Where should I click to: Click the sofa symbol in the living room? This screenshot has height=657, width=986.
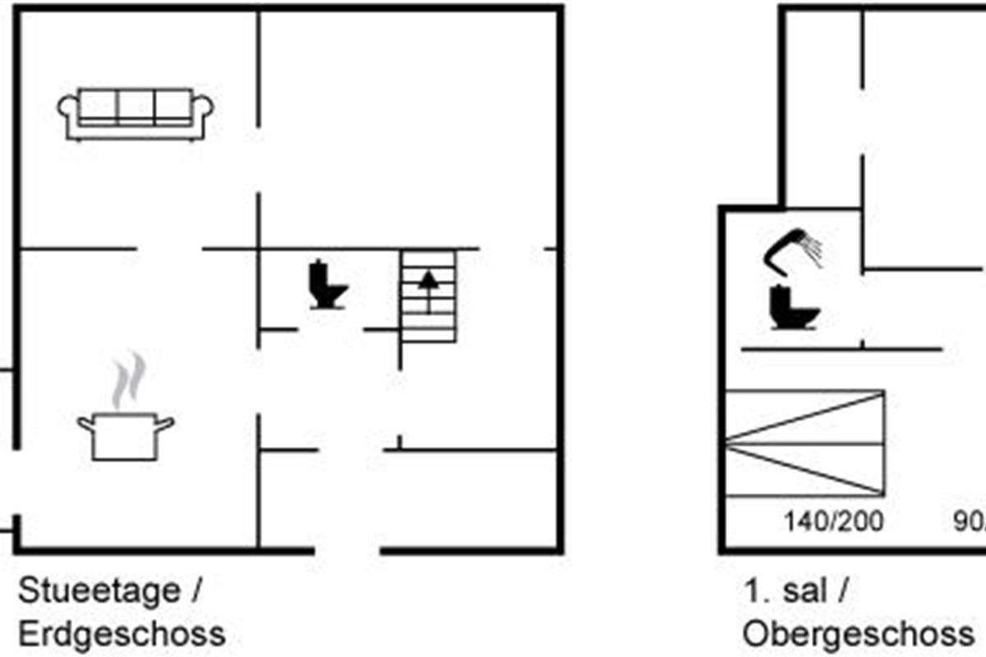tap(136, 114)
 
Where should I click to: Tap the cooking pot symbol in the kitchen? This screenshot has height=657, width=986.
tap(126, 437)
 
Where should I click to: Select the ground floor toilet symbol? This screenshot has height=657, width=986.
tap(327, 285)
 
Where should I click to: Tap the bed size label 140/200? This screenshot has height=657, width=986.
tap(833, 521)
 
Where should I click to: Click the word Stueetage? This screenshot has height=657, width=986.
tap(99, 591)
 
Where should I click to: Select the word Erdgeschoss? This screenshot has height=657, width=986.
tap(121, 634)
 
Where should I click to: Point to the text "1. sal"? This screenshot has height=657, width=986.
tap(785, 591)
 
